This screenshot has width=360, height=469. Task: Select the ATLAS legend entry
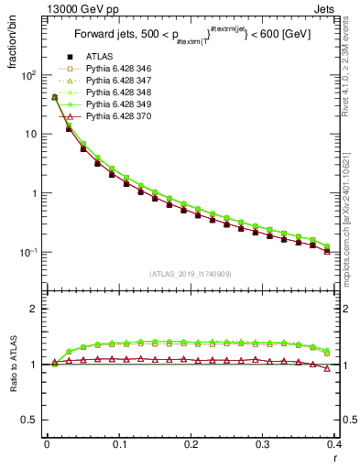[99, 58]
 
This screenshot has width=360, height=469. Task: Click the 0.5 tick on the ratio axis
[32, 420]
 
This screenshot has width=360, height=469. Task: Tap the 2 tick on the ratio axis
[35, 309]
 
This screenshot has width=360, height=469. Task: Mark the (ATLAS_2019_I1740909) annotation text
[191, 274]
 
